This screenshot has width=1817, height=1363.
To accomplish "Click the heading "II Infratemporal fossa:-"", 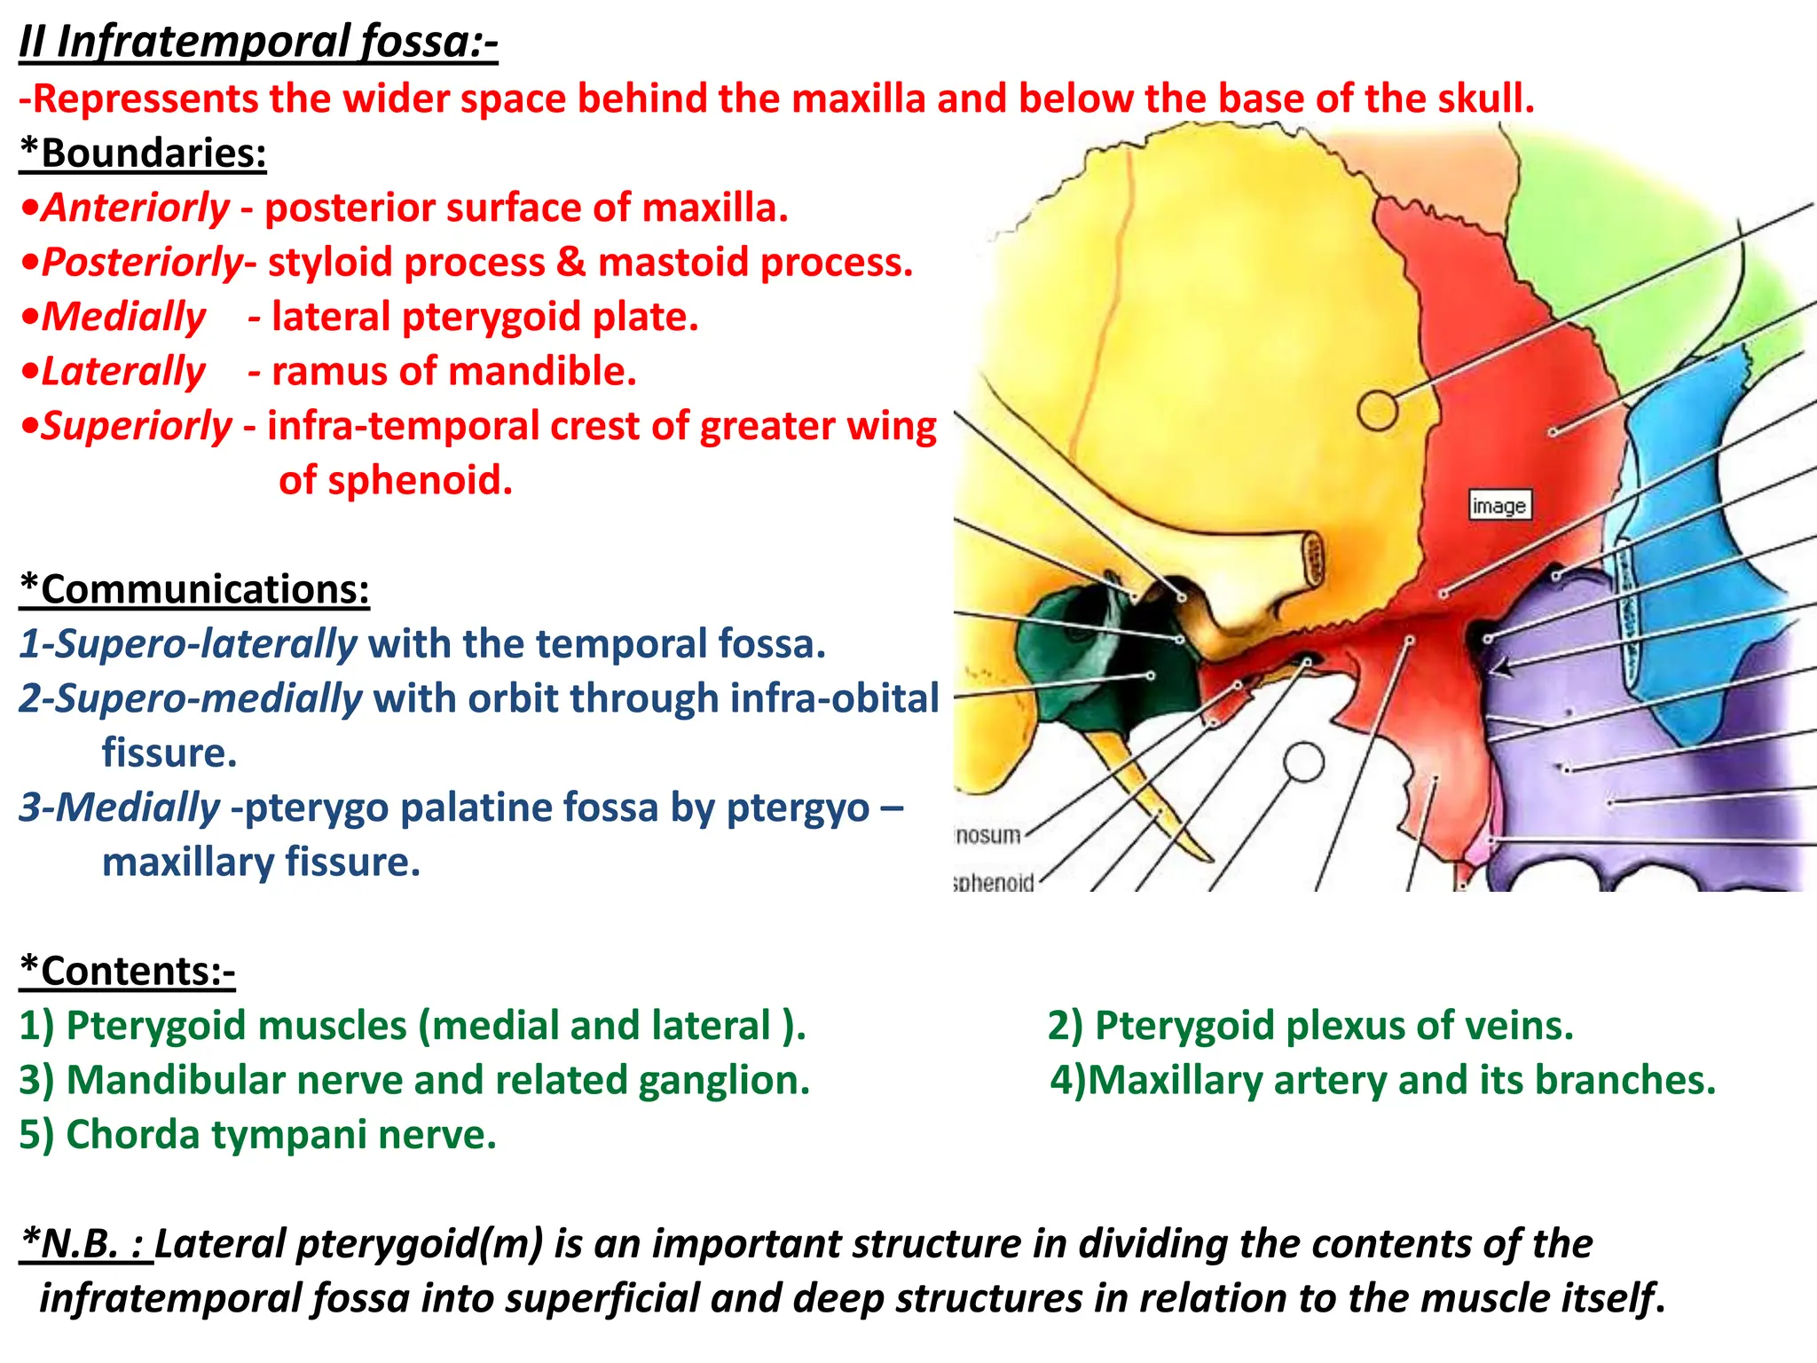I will pos(258,42).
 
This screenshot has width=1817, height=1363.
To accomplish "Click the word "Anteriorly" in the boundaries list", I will pos(136,208).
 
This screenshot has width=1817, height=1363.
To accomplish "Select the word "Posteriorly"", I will pos(142,263).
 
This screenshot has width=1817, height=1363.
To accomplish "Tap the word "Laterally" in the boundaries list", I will pos(123,371).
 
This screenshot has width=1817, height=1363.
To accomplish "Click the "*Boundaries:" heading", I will pos(143,153).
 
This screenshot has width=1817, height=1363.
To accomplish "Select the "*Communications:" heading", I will pos(194,589).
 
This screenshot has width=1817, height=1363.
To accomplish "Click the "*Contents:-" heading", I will pos(128,971).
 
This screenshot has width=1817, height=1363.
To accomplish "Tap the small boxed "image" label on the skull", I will pos(1498,505).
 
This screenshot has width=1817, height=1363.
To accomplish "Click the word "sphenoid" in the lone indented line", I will pos(396,480).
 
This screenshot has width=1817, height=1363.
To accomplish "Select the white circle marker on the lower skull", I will pos(1303,762).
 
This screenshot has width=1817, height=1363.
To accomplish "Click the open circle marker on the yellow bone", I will pos(1377,410).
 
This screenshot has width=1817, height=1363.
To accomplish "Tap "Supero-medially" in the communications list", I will pos(191,698).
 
